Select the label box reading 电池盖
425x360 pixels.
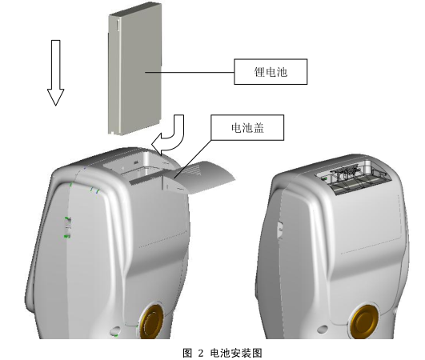247,126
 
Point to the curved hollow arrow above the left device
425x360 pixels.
170,134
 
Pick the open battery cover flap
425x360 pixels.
203,177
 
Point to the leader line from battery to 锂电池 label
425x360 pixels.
195,71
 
